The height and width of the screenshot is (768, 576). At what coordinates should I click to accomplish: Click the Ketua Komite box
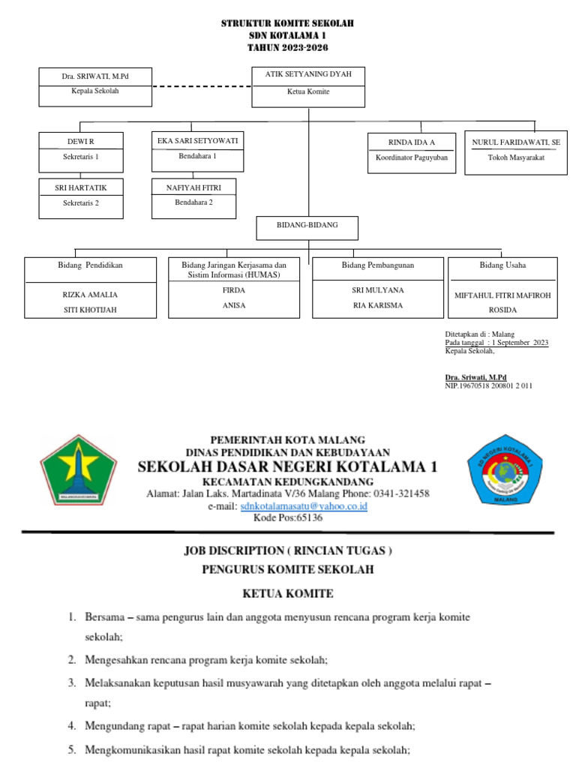point(308,86)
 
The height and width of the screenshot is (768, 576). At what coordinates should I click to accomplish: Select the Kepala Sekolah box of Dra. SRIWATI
point(95,86)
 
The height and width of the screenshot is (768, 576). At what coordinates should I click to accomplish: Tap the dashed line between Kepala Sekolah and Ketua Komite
point(201,86)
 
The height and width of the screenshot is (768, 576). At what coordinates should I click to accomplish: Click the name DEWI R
point(81,142)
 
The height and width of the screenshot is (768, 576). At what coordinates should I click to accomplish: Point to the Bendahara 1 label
point(196,156)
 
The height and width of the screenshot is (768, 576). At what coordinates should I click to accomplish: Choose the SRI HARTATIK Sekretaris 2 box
point(80,196)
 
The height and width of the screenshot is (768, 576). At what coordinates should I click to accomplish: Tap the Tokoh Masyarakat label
point(515,157)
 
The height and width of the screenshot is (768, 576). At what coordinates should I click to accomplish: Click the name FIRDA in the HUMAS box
point(235,289)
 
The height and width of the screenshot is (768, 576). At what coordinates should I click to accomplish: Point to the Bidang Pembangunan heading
point(378,265)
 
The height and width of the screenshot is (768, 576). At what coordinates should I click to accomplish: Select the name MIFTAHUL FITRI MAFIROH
point(502,295)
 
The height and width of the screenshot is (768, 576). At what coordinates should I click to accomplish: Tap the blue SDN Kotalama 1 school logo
point(499,470)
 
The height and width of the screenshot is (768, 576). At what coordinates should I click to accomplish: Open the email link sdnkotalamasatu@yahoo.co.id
point(304,506)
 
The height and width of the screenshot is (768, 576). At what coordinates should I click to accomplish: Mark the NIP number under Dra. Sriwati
point(489,385)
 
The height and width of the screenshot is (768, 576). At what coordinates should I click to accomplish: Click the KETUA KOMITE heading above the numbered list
point(287,594)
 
